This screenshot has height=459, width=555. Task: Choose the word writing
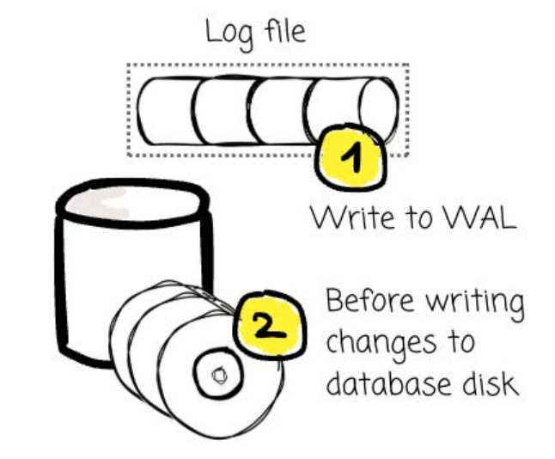coord(472,304)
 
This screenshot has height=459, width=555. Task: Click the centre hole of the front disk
coord(217,373)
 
